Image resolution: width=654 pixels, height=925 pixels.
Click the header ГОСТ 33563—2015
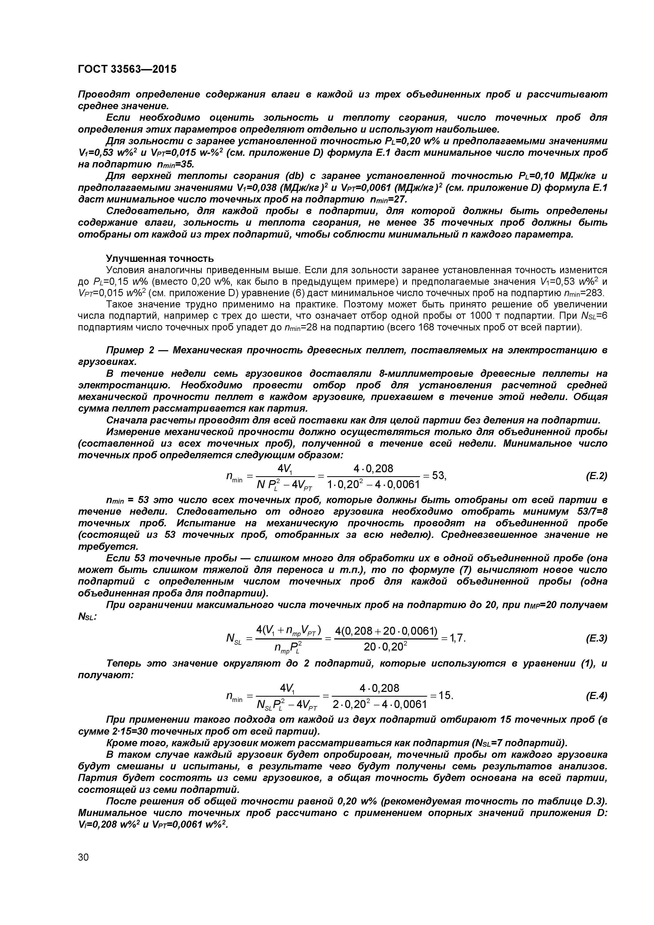[127, 69]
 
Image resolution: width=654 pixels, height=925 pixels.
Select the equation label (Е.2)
[596, 476]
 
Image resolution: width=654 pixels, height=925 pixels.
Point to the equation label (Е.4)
[596, 696]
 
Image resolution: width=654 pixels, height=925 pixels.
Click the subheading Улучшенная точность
[160, 258]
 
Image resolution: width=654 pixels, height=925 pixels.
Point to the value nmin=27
[388, 200]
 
